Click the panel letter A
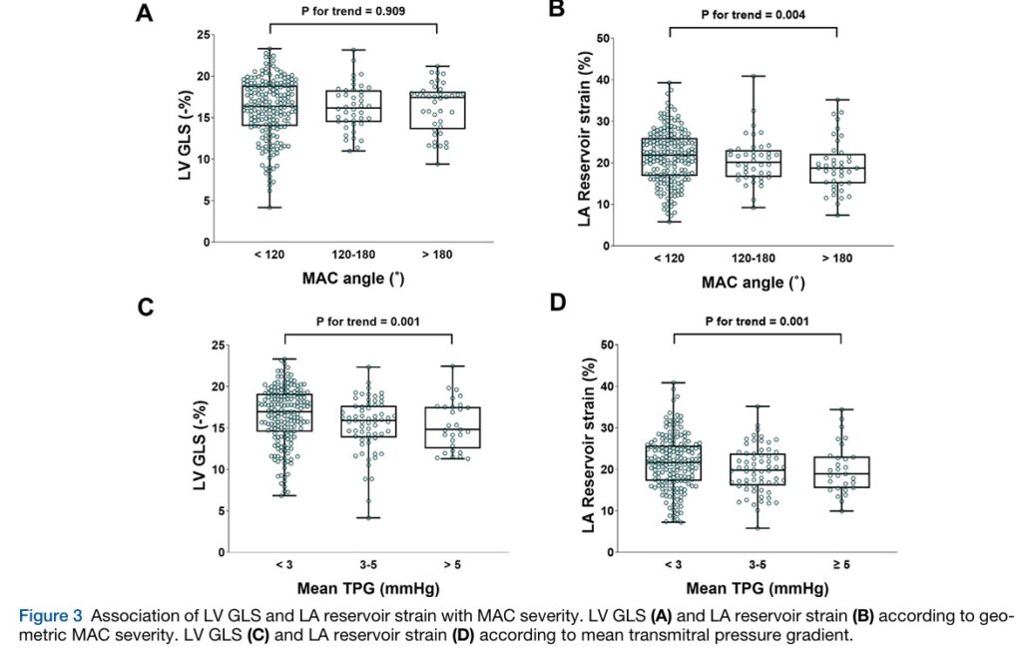pyautogui.click(x=146, y=14)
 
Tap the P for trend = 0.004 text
pyautogui.click(x=754, y=15)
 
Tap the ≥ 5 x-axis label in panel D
pyautogui.click(x=841, y=566)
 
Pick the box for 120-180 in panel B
pyautogui.click(x=754, y=163)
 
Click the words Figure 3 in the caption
pyautogui.click(x=49, y=616)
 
